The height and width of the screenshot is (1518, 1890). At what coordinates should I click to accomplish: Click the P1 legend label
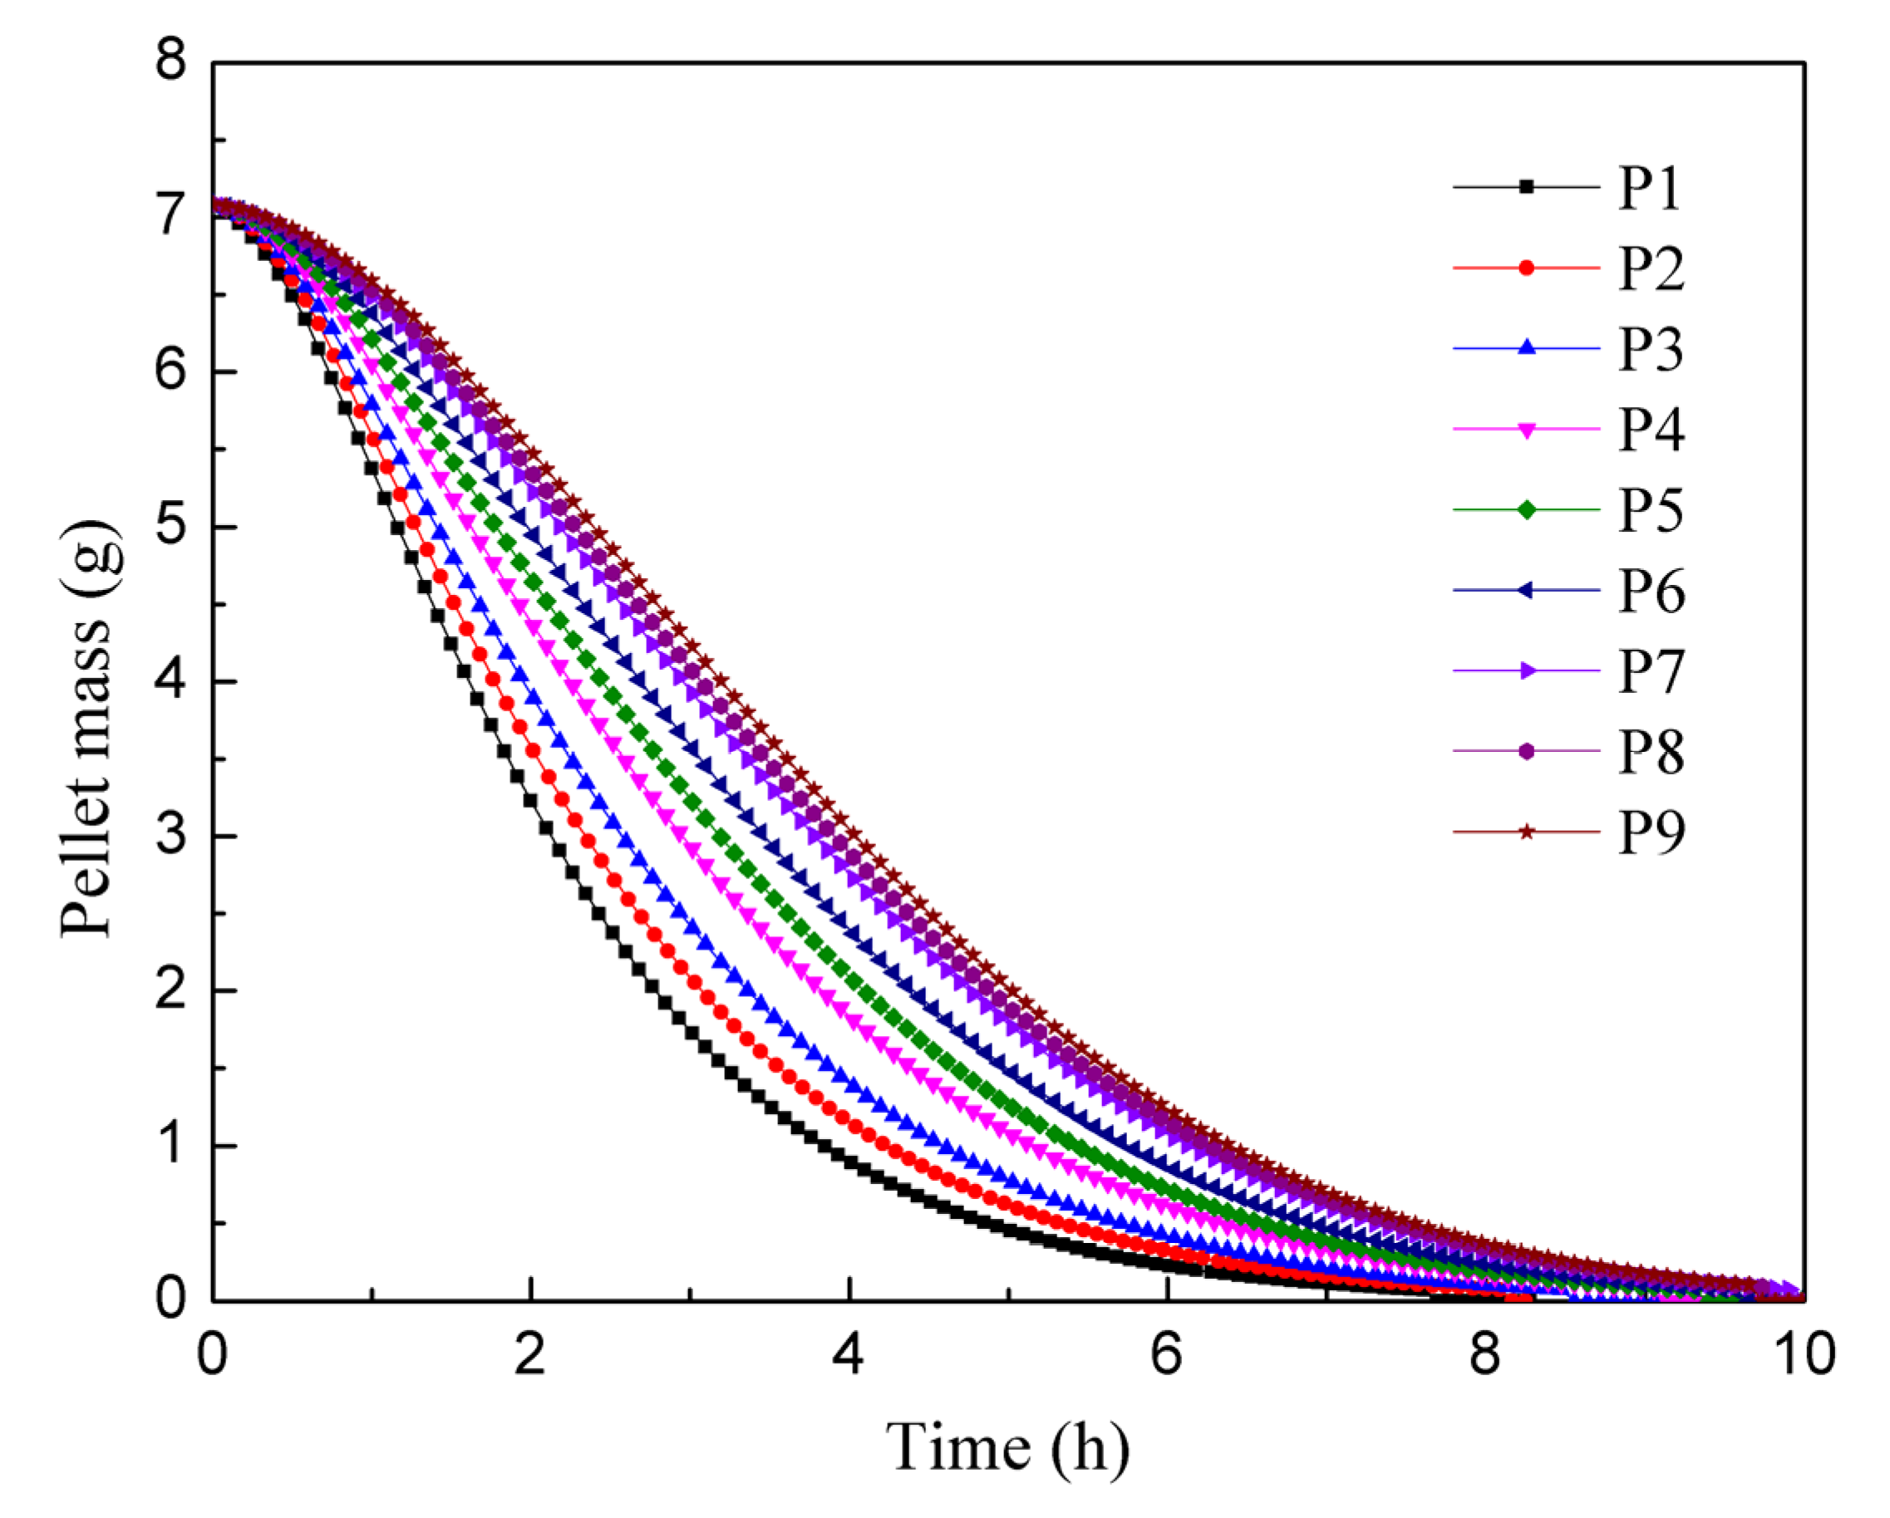pyautogui.click(x=1648, y=188)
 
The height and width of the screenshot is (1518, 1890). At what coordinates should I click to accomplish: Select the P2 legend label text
pyautogui.click(x=1650, y=268)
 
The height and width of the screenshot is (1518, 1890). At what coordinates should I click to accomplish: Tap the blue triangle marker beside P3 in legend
pyautogui.click(x=1526, y=348)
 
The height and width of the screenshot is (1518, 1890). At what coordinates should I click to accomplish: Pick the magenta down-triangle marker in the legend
pyautogui.click(x=1526, y=430)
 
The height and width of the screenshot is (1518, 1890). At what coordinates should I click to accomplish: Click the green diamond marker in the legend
pyautogui.click(x=1526, y=509)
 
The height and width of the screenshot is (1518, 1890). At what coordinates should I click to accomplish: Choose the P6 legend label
pyautogui.click(x=1650, y=591)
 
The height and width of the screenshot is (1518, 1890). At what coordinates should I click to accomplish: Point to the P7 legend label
pyautogui.click(x=1650, y=671)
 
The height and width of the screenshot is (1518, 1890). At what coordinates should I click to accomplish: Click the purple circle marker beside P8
pyautogui.click(x=1526, y=751)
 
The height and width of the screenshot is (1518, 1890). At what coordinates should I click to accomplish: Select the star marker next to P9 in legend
pyautogui.click(x=1526, y=832)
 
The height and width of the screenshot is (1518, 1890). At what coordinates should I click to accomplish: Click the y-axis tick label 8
pyautogui.click(x=171, y=61)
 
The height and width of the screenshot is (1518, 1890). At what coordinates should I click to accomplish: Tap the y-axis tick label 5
pyautogui.click(x=171, y=526)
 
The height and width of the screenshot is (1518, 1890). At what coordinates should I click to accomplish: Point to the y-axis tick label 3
pyautogui.click(x=171, y=835)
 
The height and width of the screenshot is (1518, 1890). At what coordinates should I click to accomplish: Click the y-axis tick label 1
pyautogui.click(x=171, y=1145)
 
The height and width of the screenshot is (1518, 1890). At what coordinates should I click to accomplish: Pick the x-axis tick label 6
pyautogui.click(x=1167, y=1354)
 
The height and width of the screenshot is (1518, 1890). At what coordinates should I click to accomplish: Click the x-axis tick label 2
pyautogui.click(x=530, y=1354)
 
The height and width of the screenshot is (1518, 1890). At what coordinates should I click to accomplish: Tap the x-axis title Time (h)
pyautogui.click(x=1007, y=1448)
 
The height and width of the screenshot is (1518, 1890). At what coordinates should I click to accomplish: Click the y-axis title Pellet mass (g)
pyautogui.click(x=90, y=728)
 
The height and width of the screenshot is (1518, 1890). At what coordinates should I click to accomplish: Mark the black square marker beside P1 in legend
pyautogui.click(x=1526, y=187)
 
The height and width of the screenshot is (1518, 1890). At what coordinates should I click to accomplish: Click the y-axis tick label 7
pyautogui.click(x=171, y=215)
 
